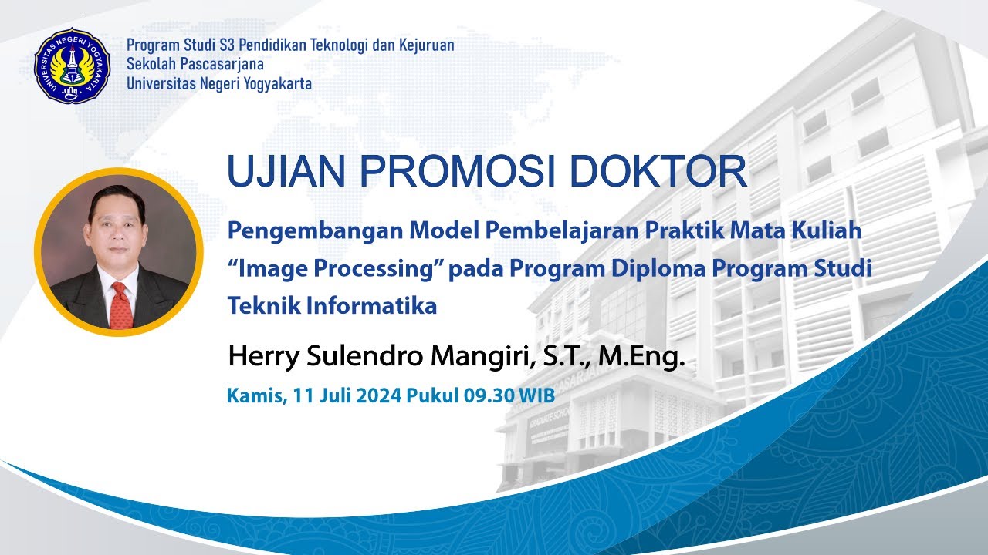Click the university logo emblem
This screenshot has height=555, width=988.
pos(73,66)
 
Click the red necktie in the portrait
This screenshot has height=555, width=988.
pos(120,304)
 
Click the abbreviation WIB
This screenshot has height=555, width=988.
pos(536,396)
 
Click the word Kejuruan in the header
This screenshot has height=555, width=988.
pos(426,45)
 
